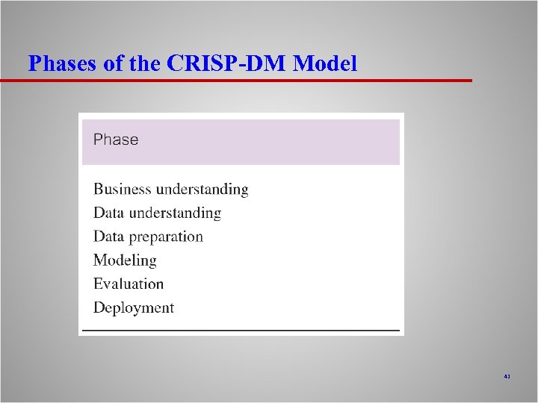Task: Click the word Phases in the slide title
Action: point(63,64)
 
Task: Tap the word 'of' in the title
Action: point(114,64)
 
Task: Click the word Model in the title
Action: point(325,64)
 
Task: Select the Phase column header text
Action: point(116,140)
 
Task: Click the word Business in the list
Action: point(122,190)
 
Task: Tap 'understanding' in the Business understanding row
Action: point(202,190)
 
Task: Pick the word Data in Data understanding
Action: point(109,213)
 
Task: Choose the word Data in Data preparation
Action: point(109,237)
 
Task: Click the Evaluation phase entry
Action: point(129,284)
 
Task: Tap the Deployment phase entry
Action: point(134,308)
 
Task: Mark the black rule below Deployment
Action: point(241,329)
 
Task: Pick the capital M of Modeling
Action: point(100,260)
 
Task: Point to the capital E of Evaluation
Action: point(98,284)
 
